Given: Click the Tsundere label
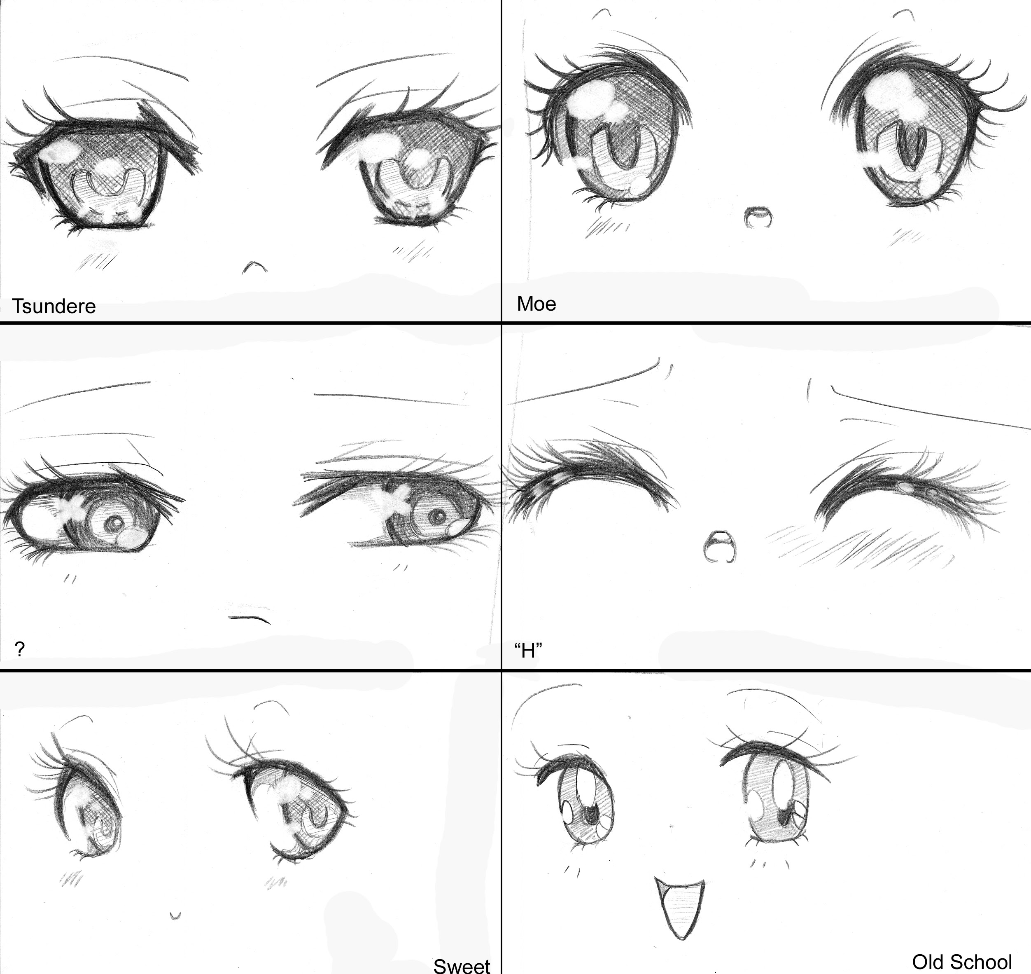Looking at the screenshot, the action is click(x=54, y=306).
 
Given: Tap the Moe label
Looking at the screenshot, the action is click(x=536, y=304).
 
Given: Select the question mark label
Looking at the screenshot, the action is click(x=20, y=649).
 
